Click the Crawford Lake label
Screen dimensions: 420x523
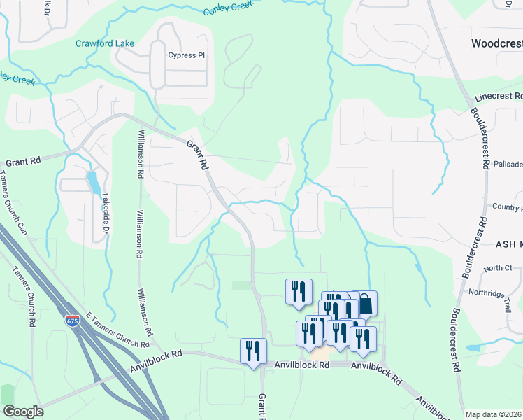[x=105, y=43]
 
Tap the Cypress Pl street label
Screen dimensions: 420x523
[x=185, y=55]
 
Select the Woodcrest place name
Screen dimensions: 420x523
[x=496, y=43]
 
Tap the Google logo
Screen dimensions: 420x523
[x=22, y=412]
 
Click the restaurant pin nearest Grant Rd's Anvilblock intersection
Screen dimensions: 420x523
[x=253, y=350]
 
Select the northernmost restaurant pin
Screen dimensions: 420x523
[x=299, y=290]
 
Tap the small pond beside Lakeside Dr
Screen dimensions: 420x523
[x=92, y=183]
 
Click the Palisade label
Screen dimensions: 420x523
[x=507, y=164]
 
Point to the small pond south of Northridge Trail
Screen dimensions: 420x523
[x=473, y=347]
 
